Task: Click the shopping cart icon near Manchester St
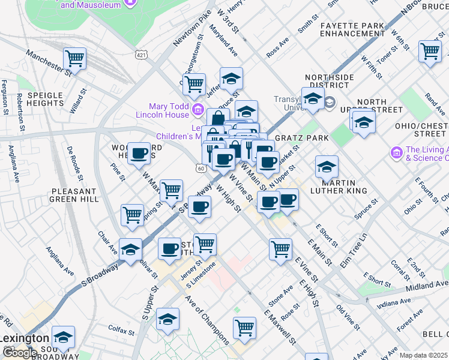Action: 75,59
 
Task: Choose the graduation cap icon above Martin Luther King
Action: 327,166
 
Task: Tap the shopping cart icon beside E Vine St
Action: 280,248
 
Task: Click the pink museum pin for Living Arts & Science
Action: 396,154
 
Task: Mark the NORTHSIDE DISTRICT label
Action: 330,82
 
